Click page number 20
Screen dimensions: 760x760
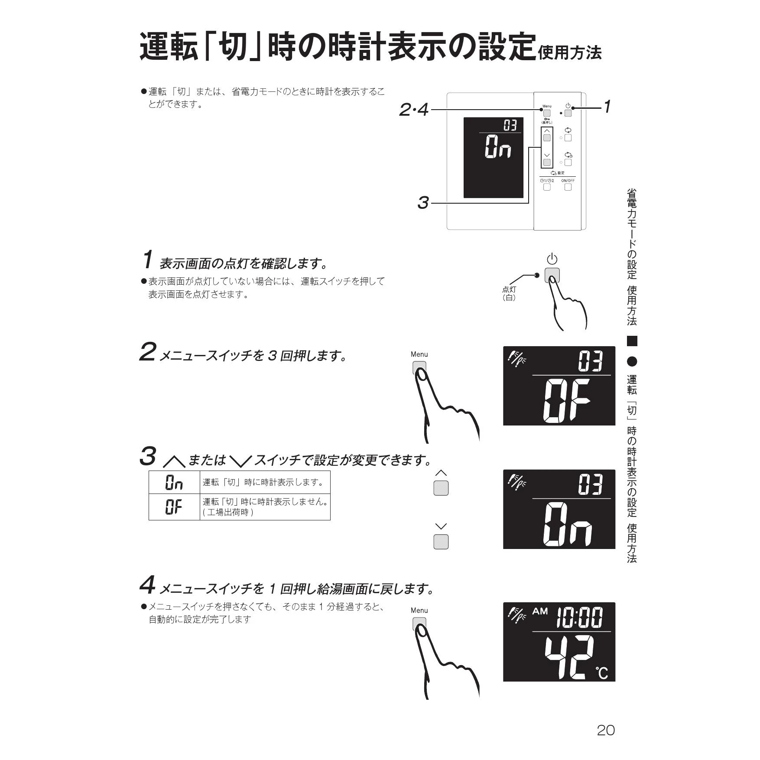606,730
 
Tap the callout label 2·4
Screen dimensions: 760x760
414,110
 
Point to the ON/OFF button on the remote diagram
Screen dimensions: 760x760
568,187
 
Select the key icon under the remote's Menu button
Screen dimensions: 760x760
547,119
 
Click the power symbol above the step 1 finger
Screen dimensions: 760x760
552,259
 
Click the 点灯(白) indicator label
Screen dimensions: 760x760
509,293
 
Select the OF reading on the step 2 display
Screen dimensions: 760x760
567,401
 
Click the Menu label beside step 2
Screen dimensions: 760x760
419,354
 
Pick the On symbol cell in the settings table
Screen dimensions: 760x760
174,482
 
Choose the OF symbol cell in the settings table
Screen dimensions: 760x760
174,507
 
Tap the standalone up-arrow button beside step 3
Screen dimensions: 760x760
441,488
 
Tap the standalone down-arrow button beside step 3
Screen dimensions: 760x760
441,542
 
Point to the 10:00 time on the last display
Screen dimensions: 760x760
579,617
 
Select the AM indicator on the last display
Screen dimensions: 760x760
540,611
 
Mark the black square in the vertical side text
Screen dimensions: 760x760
632,341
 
